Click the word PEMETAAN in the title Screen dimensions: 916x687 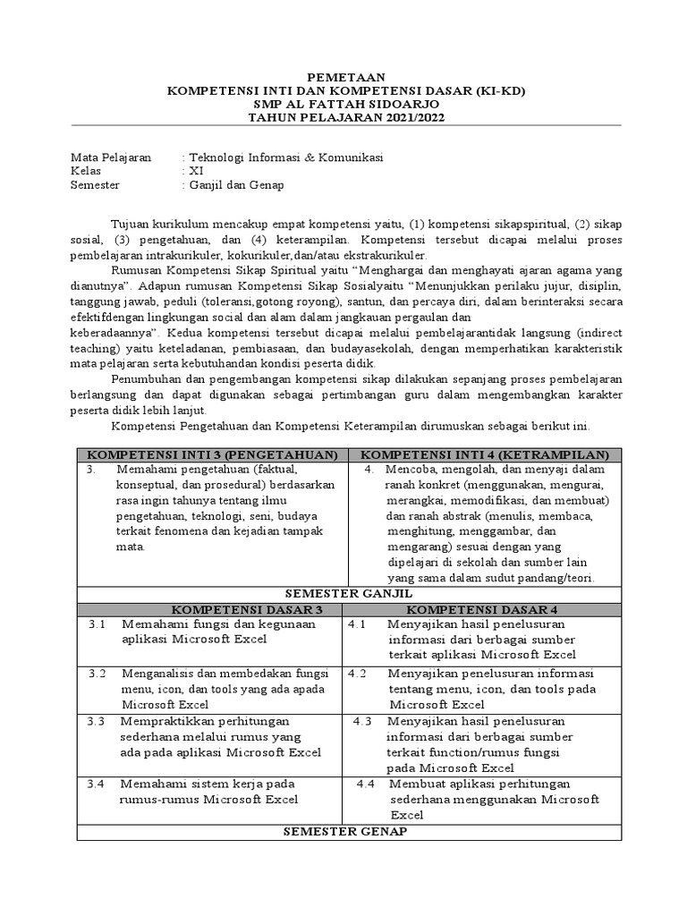click(x=344, y=79)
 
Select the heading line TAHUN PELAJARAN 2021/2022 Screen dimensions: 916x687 click(x=345, y=117)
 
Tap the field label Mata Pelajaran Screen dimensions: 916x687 click(x=111, y=157)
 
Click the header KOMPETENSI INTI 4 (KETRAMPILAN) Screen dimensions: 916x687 click(x=484, y=454)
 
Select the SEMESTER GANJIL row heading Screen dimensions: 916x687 click(x=347, y=593)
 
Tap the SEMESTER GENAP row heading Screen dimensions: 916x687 click(x=345, y=832)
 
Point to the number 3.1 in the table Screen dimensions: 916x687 click(x=98, y=624)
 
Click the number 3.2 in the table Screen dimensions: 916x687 click(x=98, y=674)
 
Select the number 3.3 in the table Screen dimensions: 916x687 click(x=98, y=721)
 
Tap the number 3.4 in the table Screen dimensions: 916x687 click(x=97, y=784)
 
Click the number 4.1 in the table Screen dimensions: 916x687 click(x=357, y=624)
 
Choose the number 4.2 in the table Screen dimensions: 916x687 click(x=357, y=674)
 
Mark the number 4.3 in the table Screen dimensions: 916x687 click(x=364, y=721)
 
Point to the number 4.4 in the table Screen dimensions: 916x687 click(x=365, y=784)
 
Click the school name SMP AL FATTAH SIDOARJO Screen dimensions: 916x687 click(x=344, y=105)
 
